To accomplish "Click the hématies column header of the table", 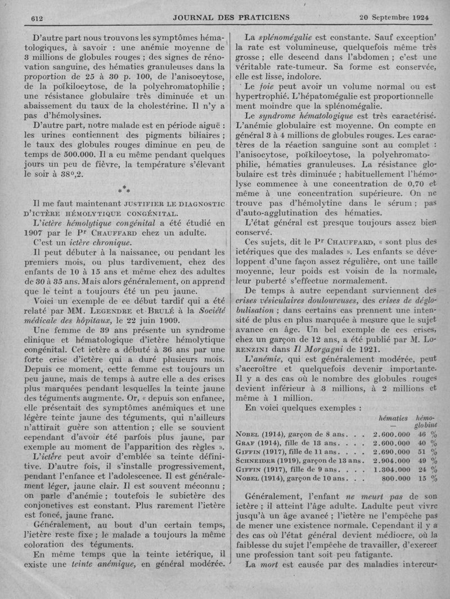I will pos(393,419).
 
